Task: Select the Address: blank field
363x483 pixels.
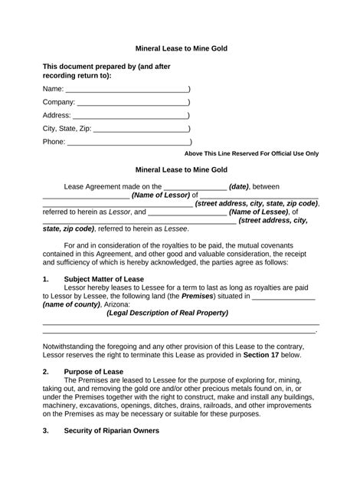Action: tap(131, 116)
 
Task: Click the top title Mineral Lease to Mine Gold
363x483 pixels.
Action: tap(181, 49)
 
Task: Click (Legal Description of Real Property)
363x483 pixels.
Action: tap(167, 313)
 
